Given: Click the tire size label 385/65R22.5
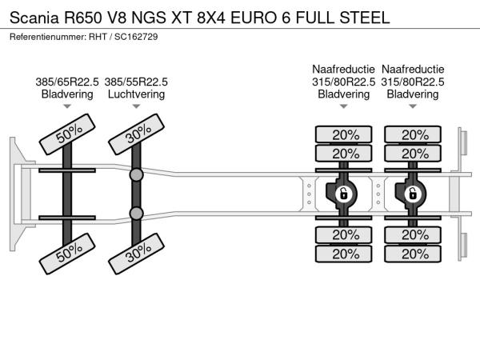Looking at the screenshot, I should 67,82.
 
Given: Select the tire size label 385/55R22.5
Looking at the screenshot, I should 136,82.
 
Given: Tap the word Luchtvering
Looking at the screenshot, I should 136,94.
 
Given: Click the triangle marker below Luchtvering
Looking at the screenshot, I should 136,106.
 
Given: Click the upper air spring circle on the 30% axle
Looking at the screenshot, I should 137,174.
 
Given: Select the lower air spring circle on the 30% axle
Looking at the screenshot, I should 137,214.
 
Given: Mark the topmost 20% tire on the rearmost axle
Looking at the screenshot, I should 414,134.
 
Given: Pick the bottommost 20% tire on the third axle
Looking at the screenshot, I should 344,254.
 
